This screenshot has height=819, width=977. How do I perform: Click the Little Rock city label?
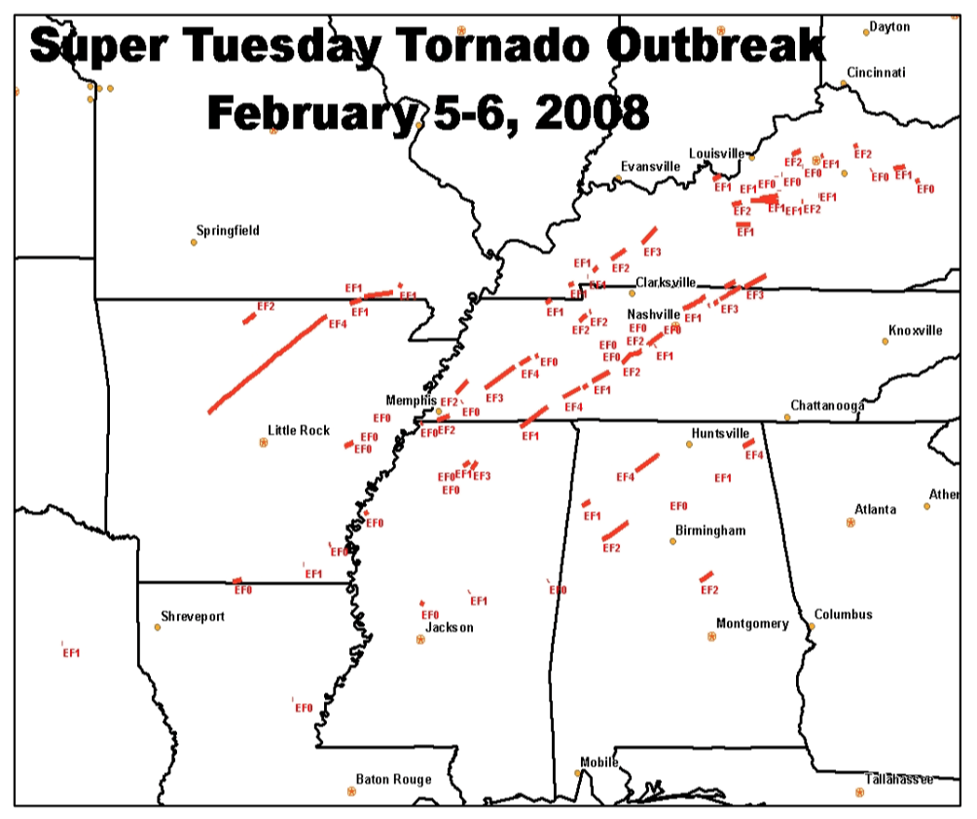coord(299,430)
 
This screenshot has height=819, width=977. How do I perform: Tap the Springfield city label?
coord(228,231)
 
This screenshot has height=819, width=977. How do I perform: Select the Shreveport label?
coord(193,617)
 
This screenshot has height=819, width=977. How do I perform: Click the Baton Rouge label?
coord(393,779)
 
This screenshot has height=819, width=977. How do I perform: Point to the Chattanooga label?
coord(827,406)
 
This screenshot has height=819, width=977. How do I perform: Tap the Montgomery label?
coord(752,624)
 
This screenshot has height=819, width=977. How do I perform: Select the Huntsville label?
coord(720,433)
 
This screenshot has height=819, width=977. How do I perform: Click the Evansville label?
coord(650,167)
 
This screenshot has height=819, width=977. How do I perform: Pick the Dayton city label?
coord(889,27)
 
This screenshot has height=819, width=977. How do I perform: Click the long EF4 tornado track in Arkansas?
coord(268,363)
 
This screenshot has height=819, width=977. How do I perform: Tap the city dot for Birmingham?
coord(672,540)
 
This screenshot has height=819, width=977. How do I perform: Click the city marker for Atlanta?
coord(850,523)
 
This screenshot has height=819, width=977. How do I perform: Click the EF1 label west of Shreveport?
coord(71,653)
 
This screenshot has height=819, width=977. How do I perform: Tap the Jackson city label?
coord(450,628)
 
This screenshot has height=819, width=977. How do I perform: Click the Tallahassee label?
coord(899,780)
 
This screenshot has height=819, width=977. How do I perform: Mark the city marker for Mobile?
coord(577,773)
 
